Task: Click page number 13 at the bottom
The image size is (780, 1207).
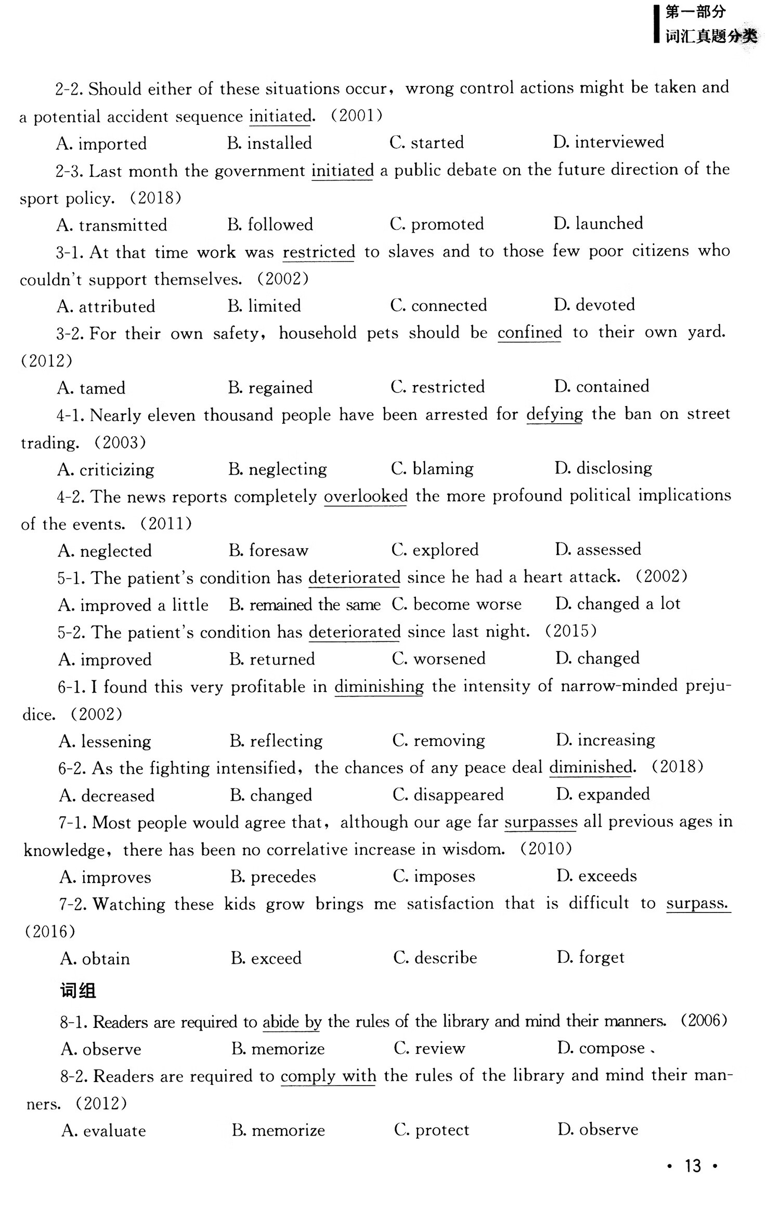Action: (x=693, y=1165)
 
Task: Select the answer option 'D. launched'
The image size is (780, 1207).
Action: (x=598, y=223)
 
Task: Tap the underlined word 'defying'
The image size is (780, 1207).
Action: (x=554, y=414)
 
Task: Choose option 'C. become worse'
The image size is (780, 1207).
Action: (x=457, y=604)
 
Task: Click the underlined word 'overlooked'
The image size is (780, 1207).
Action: (x=366, y=496)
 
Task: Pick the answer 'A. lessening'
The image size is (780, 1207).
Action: (x=105, y=741)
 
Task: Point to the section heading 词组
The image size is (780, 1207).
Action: (x=78, y=990)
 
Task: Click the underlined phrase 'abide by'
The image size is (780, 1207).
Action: (x=292, y=1022)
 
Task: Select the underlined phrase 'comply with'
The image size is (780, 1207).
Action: (x=328, y=1075)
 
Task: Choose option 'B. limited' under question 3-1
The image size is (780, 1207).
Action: (x=264, y=306)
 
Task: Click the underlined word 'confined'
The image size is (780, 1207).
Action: (x=529, y=332)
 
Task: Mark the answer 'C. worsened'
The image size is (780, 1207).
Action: (x=438, y=658)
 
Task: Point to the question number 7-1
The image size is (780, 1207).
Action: (x=72, y=822)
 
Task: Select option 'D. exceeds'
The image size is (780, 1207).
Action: (x=596, y=875)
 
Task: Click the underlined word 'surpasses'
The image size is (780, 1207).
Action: (x=541, y=822)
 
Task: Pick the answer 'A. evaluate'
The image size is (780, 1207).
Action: (x=103, y=1130)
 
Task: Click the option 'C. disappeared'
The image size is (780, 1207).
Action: (x=448, y=794)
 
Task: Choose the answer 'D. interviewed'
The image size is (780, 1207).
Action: (x=608, y=142)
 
